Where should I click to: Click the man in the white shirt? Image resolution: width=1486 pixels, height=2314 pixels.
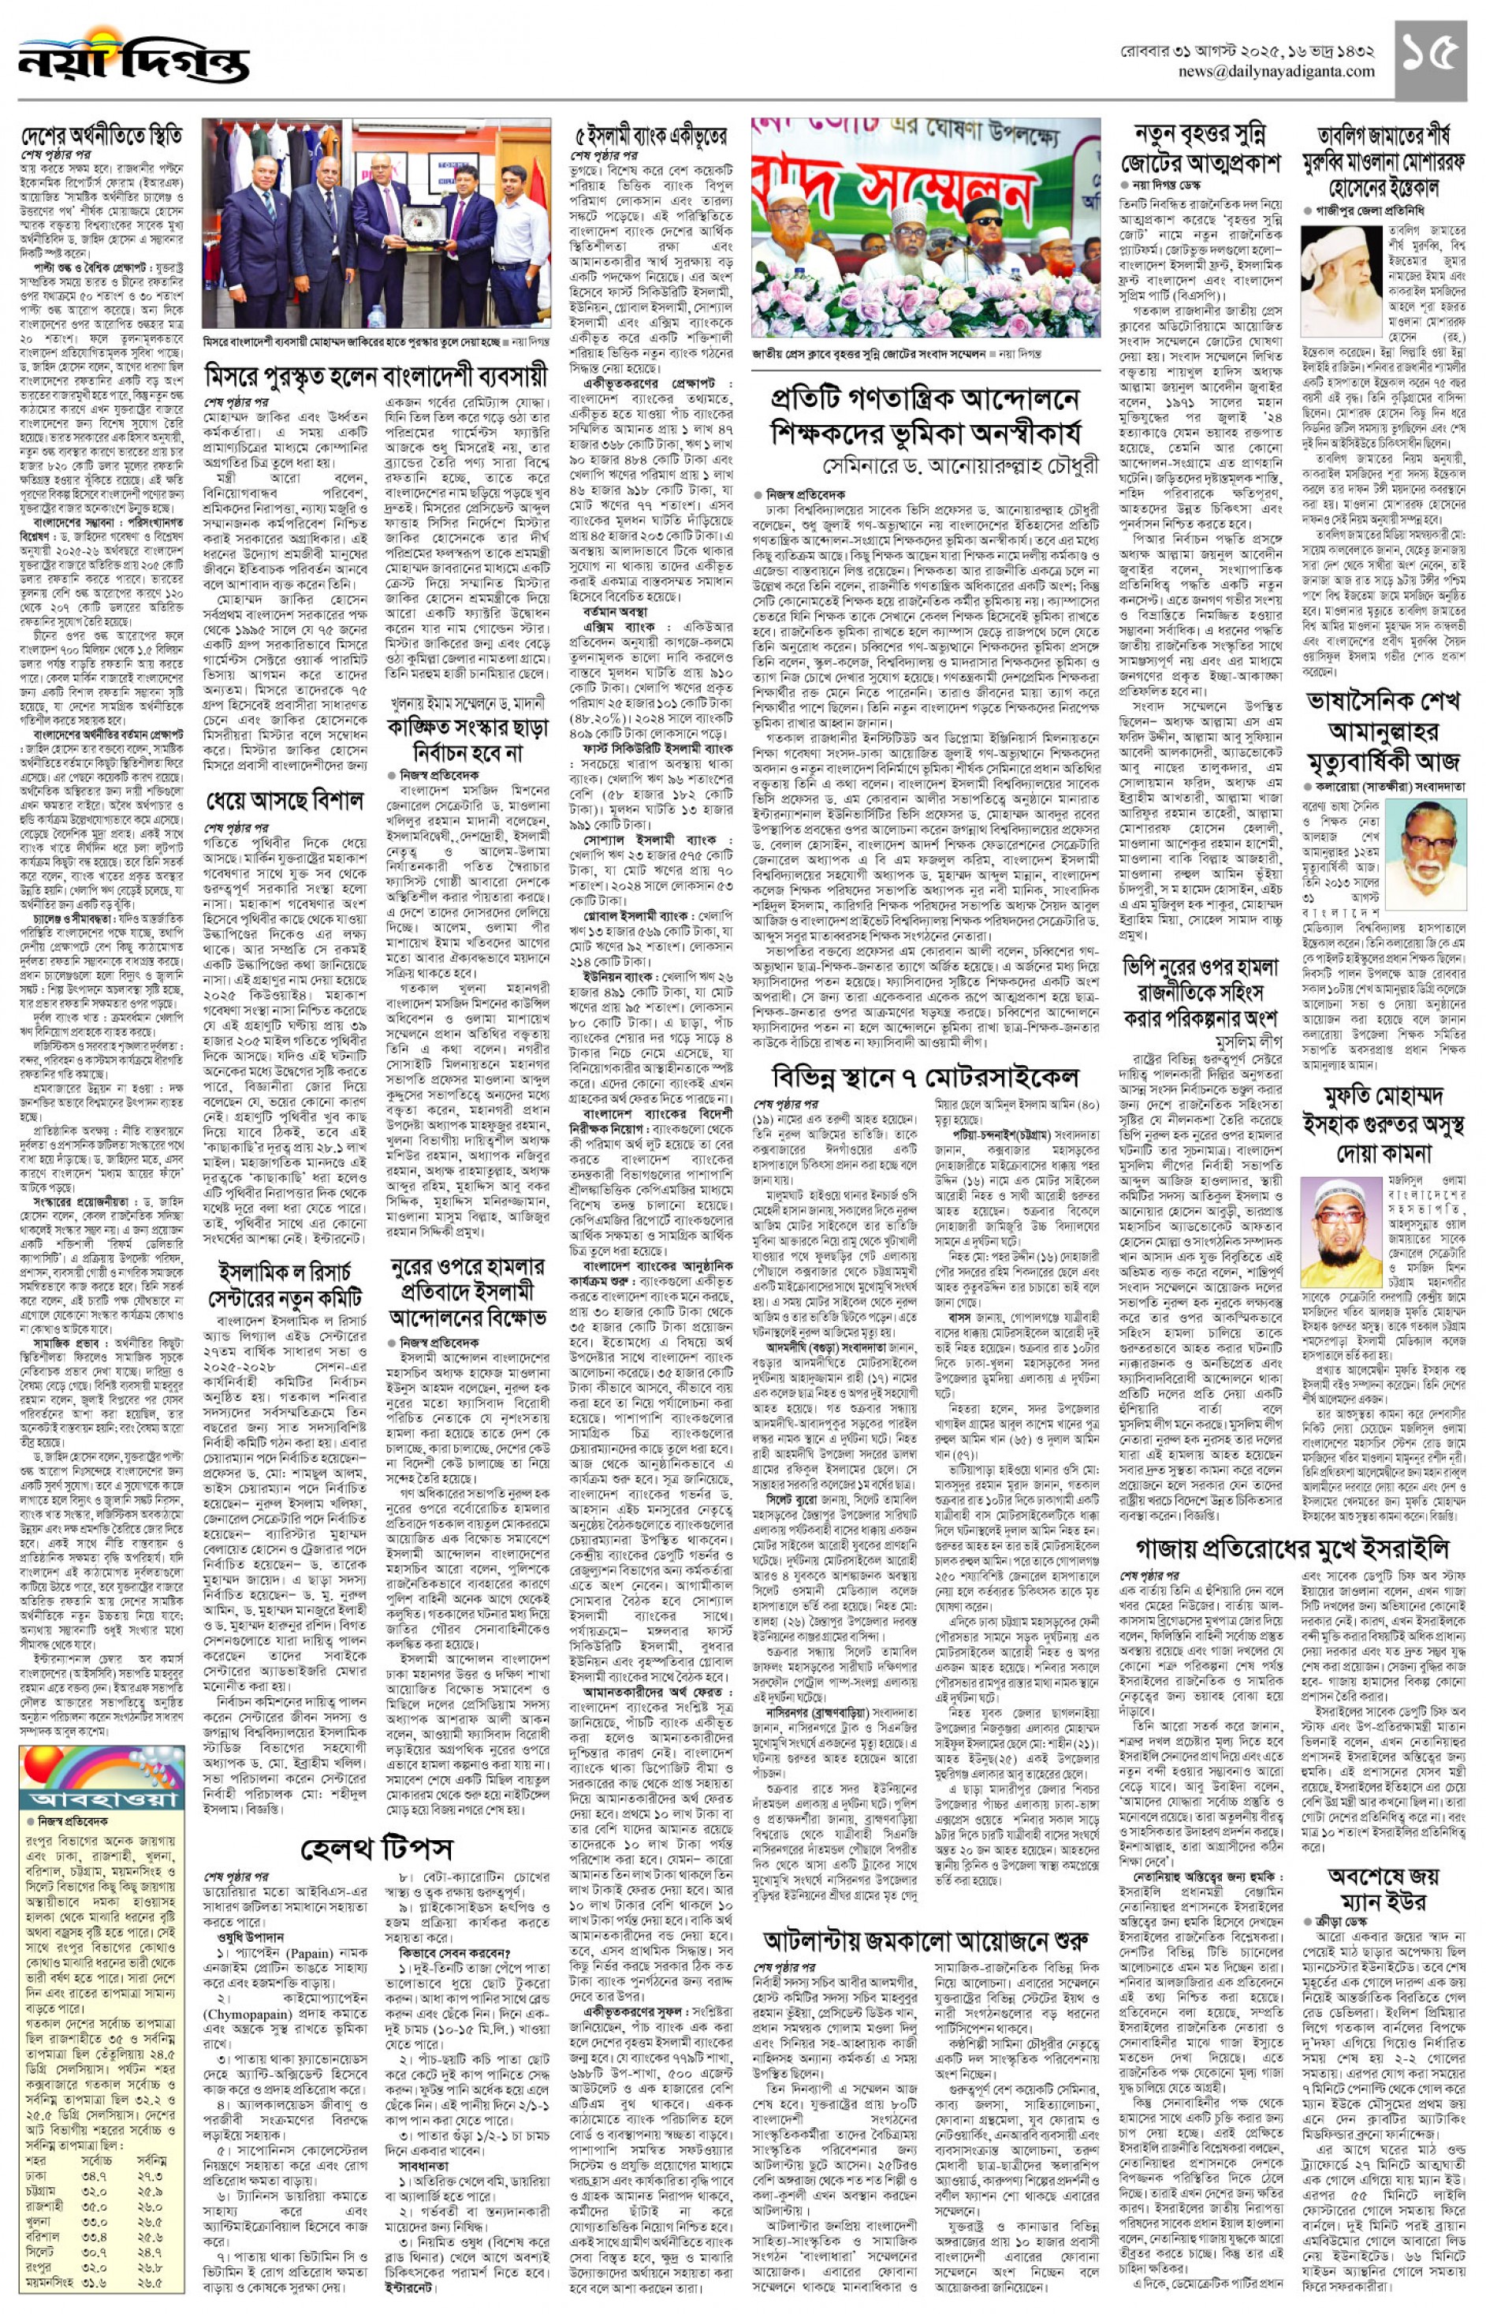pyautogui.click(x=517, y=241)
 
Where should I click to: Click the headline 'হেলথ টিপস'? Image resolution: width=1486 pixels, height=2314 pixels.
pyautogui.click(x=375, y=1848)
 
